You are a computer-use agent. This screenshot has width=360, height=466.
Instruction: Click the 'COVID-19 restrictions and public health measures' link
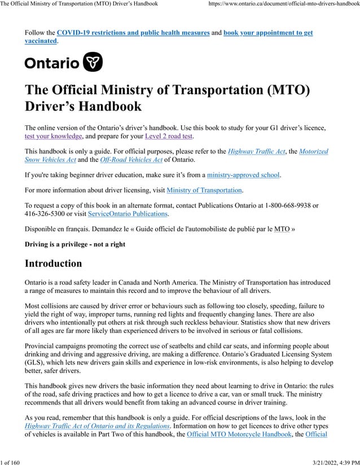pyautogui.click(x=133, y=33)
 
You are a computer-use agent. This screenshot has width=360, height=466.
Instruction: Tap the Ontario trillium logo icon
pyautogui.click(x=93, y=63)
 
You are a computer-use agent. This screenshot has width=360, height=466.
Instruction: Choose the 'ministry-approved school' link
pyautogui.click(x=243, y=175)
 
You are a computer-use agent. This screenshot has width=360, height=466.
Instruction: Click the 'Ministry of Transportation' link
pyautogui.click(x=204, y=190)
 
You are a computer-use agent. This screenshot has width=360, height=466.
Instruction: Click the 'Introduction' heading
pyautogui.click(x=54, y=263)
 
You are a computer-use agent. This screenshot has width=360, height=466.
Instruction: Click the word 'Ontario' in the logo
pyautogui.click(x=52, y=63)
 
